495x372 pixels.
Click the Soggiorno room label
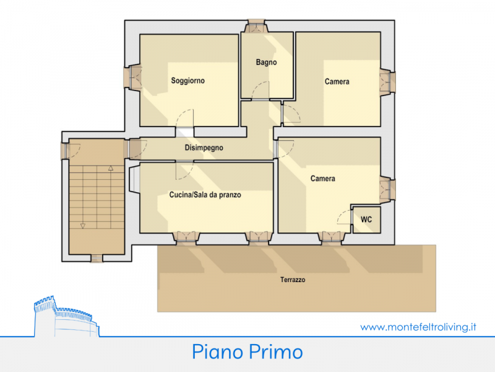point(188,81)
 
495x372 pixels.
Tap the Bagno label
point(266,62)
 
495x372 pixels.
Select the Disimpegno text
point(204,148)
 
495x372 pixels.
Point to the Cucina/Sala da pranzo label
point(205,195)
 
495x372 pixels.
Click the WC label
point(366,219)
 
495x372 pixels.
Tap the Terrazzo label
point(293,280)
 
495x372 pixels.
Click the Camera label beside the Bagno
point(337,82)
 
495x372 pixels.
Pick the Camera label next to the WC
point(322,179)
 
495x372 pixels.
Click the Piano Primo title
point(247,352)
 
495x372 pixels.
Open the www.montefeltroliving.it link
point(418,327)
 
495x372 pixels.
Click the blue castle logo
point(66,316)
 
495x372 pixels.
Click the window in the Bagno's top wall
point(256,26)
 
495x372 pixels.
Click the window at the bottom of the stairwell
point(97,258)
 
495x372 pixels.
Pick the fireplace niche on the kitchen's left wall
point(134,179)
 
